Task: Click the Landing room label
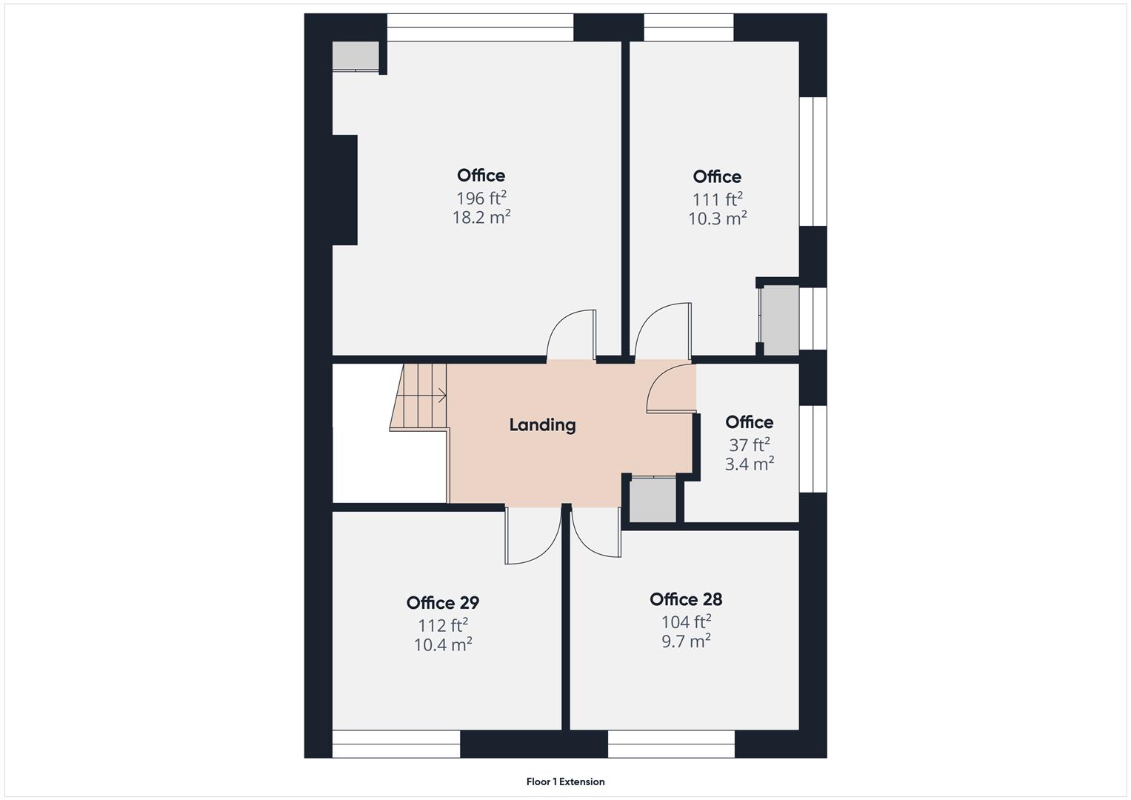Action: pos(542,425)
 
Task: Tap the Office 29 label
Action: pos(442,602)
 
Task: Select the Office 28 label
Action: pos(686,599)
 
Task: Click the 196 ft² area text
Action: pos(481,199)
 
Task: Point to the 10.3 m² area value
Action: pos(717,219)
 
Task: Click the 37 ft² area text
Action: pos(749,445)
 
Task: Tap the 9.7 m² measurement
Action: pos(686,641)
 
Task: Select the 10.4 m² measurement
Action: pos(443,644)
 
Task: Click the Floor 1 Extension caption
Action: pos(565,781)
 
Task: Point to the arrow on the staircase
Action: pos(441,396)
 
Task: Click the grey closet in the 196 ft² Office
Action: pos(355,56)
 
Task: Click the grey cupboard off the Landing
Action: pos(652,500)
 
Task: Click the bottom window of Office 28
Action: pos(671,744)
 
